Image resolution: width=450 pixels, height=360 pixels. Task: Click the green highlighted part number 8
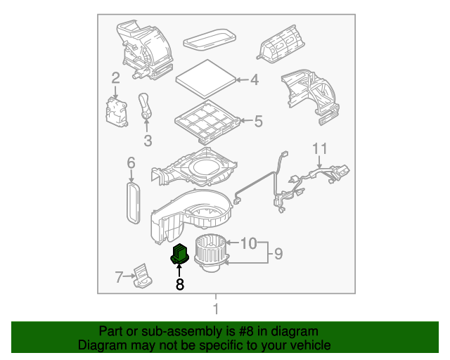click(180, 254)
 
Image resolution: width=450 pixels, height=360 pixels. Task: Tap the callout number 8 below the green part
click(180, 285)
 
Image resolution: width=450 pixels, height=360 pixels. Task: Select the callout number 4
click(254, 80)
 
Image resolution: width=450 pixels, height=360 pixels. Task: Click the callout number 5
click(257, 122)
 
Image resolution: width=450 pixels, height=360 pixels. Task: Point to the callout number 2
click(115, 78)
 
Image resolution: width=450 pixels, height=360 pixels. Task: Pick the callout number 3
click(148, 141)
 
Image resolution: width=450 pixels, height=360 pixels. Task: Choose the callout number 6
click(131, 164)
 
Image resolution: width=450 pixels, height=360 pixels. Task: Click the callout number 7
click(119, 277)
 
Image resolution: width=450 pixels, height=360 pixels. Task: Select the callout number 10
click(249, 243)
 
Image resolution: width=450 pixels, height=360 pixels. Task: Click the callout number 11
click(320, 149)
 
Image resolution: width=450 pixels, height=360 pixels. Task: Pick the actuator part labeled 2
click(116, 110)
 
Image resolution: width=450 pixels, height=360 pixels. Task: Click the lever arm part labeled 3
click(146, 107)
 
